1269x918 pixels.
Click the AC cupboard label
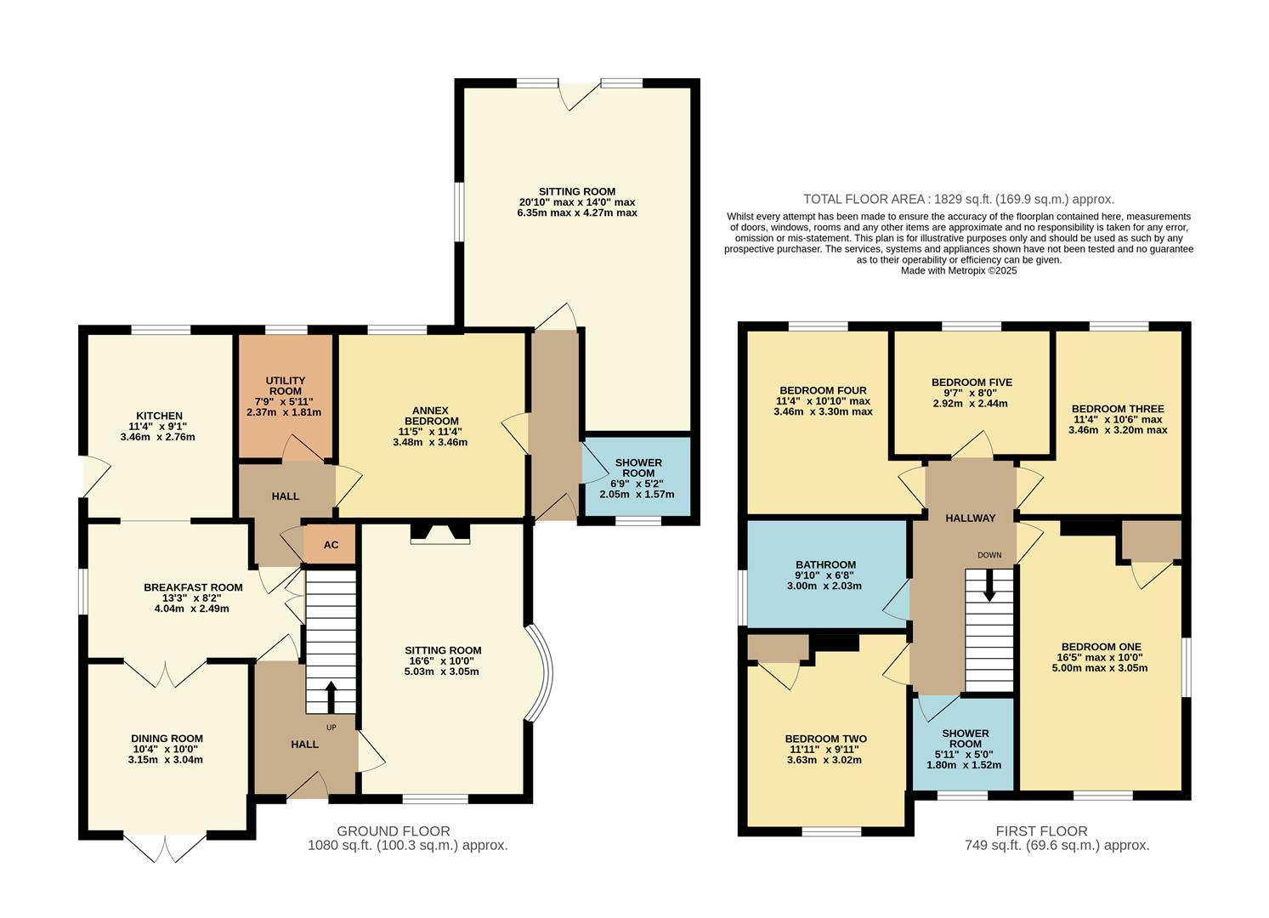point(331,545)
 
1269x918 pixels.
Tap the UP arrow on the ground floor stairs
point(331,696)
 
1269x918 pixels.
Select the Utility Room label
point(285,386)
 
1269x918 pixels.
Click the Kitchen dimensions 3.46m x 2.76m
point(158,438)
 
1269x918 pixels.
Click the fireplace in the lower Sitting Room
point(440,533)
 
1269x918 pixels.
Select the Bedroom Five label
point(972,382)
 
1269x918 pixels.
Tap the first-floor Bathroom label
point(825,564)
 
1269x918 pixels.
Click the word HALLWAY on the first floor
point(970,518)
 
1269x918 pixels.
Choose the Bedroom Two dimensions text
point(825,755)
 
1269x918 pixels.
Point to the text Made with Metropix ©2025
point(959,271)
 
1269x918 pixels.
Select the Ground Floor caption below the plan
point(394,831)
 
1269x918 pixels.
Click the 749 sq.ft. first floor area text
point(1057,846)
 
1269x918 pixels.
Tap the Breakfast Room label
point(193,587)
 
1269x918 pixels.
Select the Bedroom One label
point(1100,646)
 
